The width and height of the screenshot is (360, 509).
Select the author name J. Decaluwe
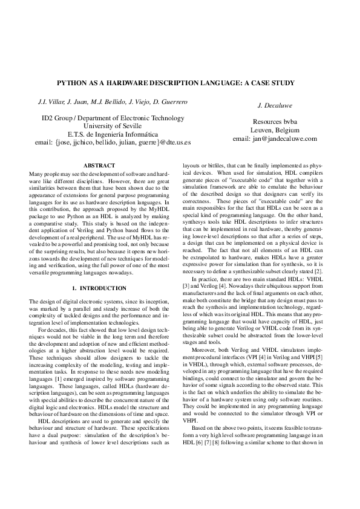tap(275, 105)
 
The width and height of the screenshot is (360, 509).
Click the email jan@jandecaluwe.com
tap(275, 138)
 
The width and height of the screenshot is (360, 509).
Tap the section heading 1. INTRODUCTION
tap(98, 289)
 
